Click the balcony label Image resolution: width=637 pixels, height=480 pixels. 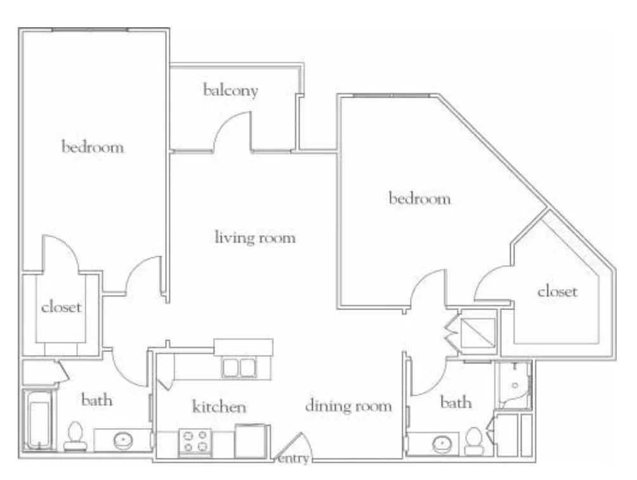230,90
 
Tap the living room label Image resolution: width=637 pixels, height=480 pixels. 255,237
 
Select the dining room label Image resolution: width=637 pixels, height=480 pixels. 348,406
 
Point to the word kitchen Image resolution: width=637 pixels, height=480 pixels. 219,406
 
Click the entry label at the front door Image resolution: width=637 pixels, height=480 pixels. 293,459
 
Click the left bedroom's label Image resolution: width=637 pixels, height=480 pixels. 93,146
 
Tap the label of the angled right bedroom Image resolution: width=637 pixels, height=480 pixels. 419,198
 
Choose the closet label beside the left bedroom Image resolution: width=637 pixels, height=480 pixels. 62,307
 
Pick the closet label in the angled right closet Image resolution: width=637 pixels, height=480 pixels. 557,291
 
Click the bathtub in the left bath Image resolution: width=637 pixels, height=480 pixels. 39,420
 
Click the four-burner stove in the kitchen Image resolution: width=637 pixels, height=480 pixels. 195,442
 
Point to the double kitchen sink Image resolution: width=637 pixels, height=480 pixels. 239,368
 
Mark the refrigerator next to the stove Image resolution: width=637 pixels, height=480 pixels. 250,441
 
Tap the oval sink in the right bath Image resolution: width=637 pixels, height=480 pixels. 442,444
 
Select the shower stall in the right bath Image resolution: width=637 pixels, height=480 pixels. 513,385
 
